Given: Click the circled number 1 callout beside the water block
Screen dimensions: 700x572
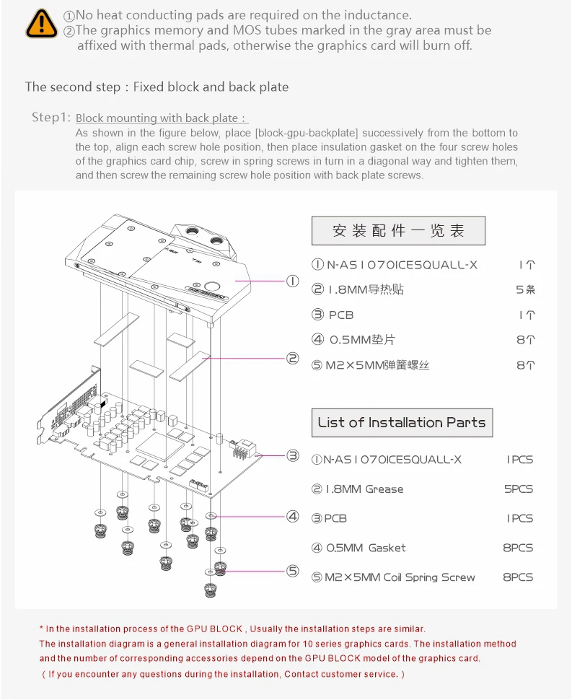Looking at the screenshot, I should click(293, 281).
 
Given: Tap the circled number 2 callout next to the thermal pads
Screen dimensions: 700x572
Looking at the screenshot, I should click(293, 358).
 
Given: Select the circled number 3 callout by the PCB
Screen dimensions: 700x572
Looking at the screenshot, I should click(293, 455).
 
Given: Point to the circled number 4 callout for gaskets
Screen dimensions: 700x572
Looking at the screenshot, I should click(293, 516).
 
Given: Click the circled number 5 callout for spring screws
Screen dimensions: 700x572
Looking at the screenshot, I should click(293, 571).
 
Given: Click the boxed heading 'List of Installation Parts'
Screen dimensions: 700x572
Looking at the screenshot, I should click(402, 423).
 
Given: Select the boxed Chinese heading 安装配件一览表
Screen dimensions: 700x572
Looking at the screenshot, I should click(398, 231).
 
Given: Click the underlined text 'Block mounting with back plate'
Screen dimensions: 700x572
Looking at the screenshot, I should click(157, 118).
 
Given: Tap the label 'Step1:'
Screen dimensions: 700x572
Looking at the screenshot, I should click(51, 118).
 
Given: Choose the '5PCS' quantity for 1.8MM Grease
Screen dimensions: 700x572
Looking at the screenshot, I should click(518, 489).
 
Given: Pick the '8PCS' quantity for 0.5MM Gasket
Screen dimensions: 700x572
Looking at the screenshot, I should click(518, 548).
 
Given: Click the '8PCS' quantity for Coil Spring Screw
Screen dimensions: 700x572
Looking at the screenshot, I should click(518, 577).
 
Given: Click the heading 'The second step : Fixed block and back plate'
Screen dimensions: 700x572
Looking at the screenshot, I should click(157, 87).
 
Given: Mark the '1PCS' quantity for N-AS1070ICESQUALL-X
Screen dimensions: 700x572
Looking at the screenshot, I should click(519, 460).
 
